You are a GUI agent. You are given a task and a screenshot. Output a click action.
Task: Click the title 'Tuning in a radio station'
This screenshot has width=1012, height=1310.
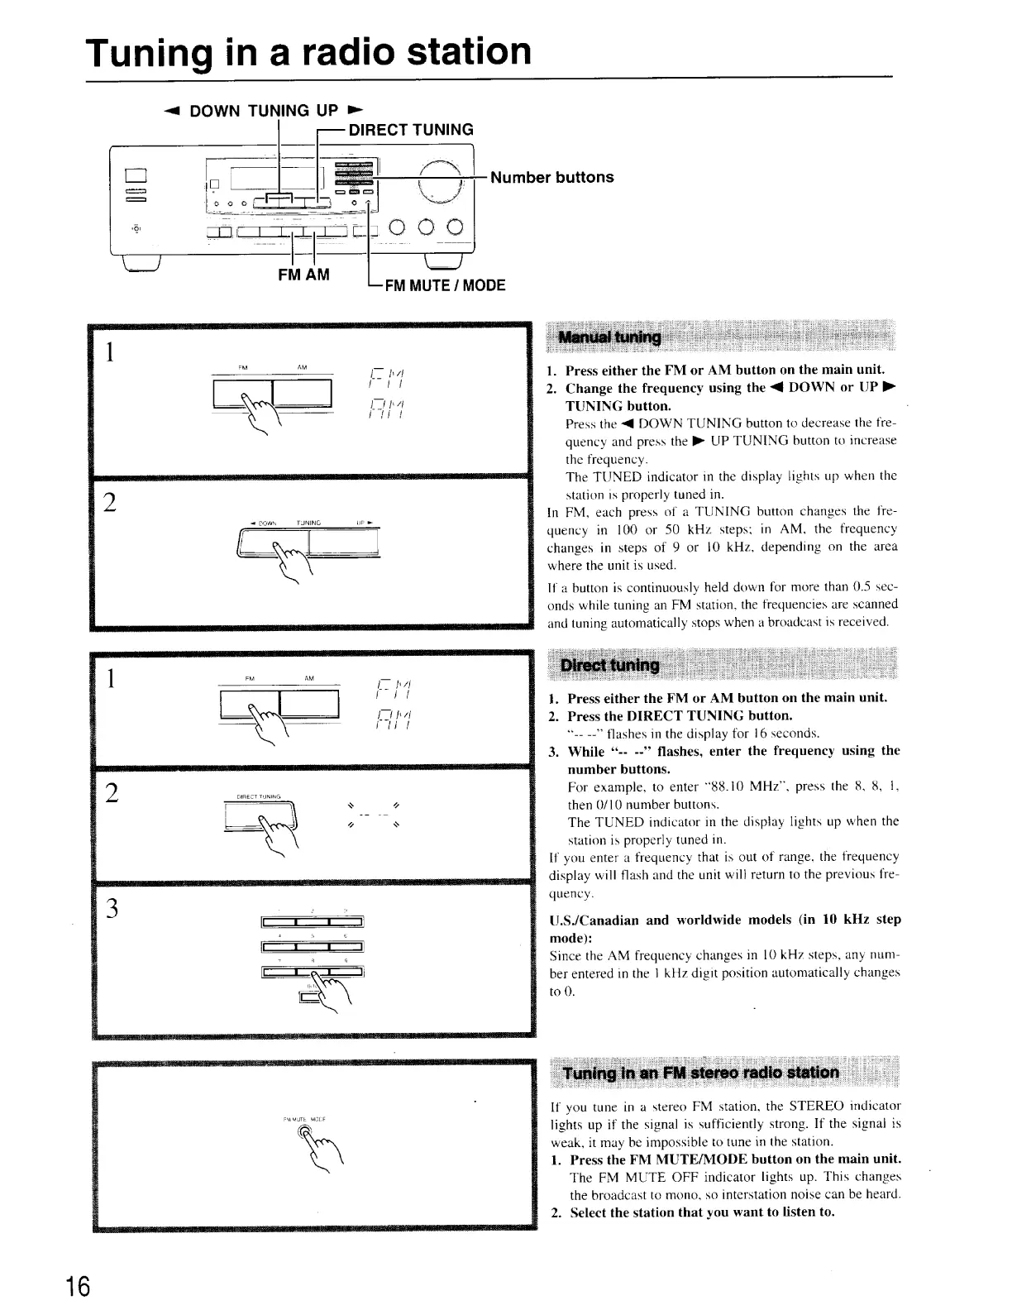pos(308,51)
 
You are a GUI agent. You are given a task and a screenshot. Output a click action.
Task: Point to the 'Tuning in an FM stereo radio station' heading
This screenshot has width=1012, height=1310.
pos(699,1073)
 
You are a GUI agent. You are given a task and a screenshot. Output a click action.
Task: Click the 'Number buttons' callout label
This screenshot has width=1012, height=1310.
pos(551,177)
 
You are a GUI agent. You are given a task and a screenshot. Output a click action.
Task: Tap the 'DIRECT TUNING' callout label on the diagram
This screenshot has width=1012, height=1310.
pos(411,129)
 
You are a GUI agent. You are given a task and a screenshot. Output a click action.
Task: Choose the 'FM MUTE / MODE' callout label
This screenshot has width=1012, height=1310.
pos(443,285)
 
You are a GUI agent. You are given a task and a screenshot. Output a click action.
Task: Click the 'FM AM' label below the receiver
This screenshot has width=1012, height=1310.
pos(303,275)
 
